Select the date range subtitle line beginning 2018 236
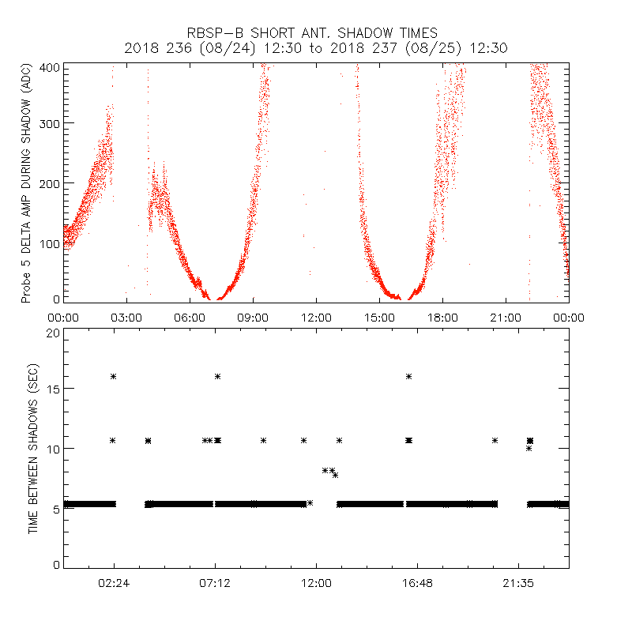point(316,48)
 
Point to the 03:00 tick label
point(126,317)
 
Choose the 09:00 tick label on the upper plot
point(253,317)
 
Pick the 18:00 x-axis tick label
point(442,317)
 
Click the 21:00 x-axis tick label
point(506,317)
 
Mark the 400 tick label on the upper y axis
point(51,66)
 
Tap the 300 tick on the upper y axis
point(51,124)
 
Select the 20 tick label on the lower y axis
point(53,333)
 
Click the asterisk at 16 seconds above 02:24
point(114,377)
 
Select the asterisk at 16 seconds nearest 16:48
point(408,377)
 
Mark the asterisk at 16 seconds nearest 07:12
point(217,377)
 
